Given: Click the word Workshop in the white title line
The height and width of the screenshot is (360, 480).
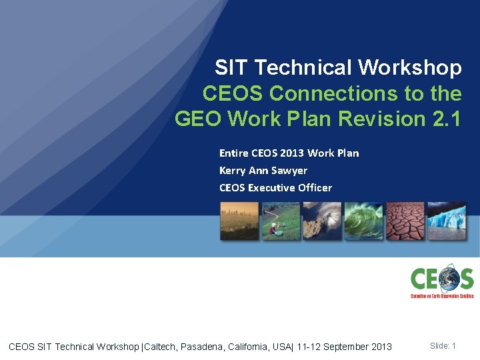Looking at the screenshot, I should [x=409, y=68].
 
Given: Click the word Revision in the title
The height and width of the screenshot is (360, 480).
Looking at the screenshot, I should [x=379, y=119].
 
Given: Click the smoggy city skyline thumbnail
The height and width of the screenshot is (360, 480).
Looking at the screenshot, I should [x=239, y=221].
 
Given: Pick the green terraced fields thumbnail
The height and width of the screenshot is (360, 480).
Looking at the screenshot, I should [x=281, y=221].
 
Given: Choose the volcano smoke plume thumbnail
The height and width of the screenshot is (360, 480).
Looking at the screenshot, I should [x=322, y=221].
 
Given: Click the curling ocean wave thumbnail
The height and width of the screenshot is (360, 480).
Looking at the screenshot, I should [x=363, y=221].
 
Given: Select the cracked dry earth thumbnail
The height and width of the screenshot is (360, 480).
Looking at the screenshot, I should [x=405, y=221].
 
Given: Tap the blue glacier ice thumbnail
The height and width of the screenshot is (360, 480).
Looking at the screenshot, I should [x=447, y=221].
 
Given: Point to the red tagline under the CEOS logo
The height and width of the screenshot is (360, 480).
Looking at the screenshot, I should [x=441, y=295].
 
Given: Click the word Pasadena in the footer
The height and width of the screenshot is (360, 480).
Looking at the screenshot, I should [x=208, y=347].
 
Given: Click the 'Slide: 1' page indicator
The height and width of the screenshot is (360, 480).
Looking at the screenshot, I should [x=443, y=346].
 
